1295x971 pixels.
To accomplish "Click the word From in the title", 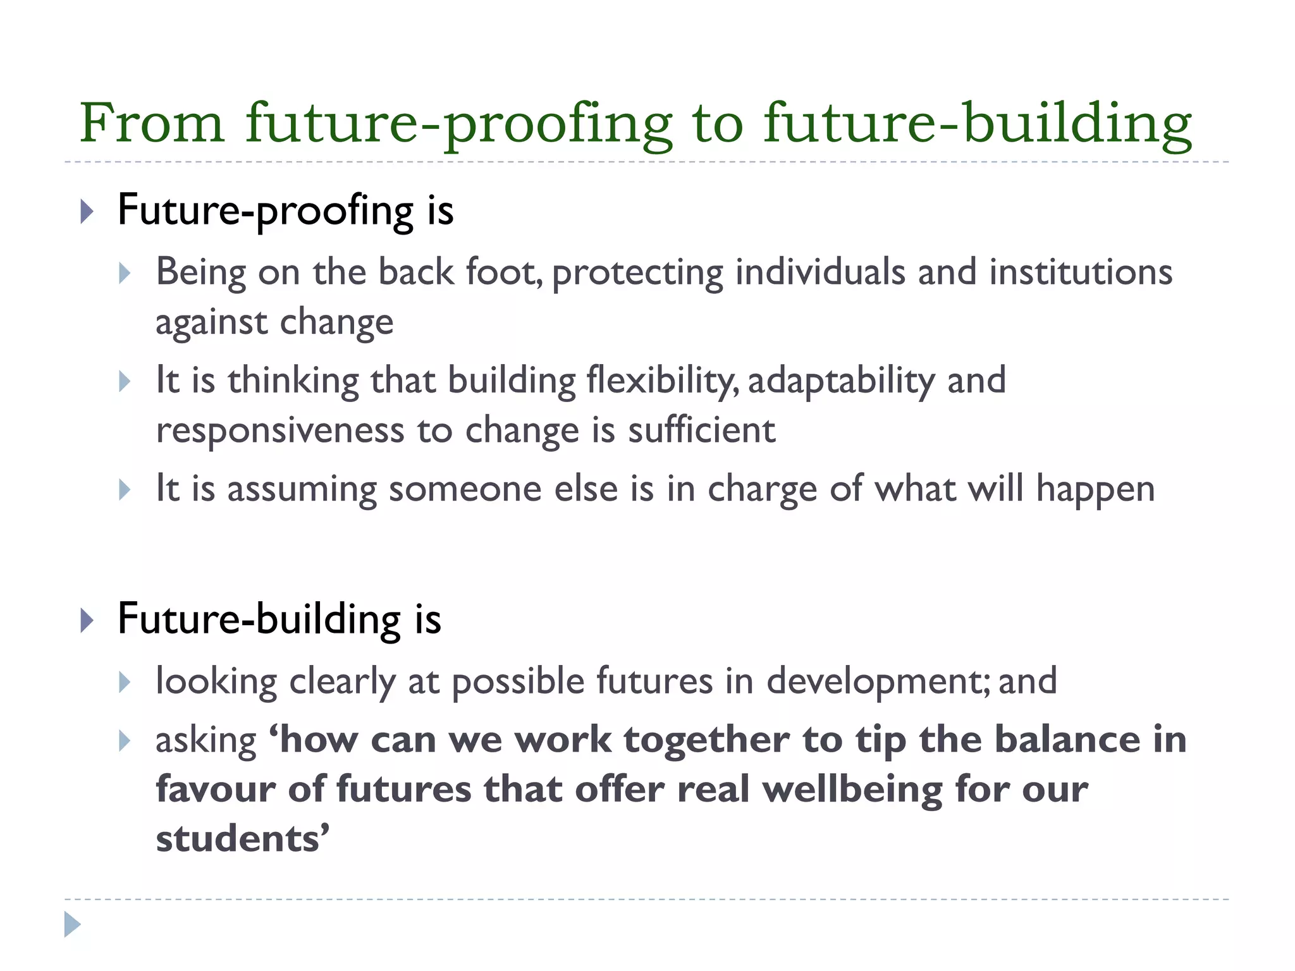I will pyautogui.click(x=152, y=123).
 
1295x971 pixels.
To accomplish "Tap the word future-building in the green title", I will pyautogui.click(x=978, y=124).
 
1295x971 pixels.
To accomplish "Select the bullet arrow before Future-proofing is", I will pyautogui.click(x=87, y=211).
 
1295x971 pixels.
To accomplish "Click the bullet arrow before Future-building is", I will pyautogui.click(x=87, y=620).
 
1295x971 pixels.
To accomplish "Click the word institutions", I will pyautogui.click(x=1081, y=272).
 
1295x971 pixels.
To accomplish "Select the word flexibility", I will pyautogui.click(x=661, y=381).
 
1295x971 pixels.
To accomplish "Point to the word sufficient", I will pyautogui.click(x=701, y=431).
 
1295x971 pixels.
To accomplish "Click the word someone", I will pyautogui.click(x=465, y=489).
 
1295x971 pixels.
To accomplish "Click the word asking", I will pyautogui.click(x=206, y=741).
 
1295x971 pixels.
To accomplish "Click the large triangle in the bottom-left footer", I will pyautogui.click(x=72, y=924).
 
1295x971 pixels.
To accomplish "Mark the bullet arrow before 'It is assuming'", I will pyautogui.click(x=125, y=490).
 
